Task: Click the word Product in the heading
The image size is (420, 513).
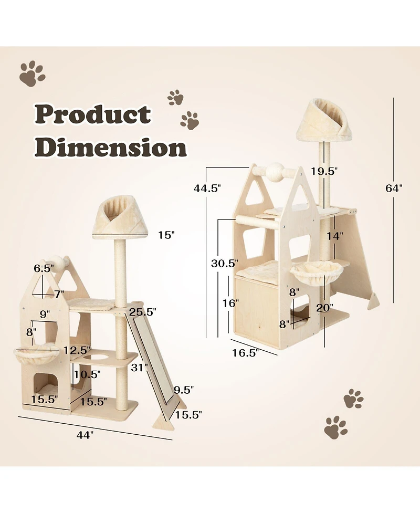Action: point(93,114)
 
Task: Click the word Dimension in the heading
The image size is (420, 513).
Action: point(113,148)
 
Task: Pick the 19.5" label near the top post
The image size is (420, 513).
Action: point(323,171)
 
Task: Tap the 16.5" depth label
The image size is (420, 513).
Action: point(246,353)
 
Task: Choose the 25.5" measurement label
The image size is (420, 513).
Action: point(143,311)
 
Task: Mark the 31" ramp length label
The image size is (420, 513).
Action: point(138,368)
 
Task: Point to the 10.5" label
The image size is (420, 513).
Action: point(87,374)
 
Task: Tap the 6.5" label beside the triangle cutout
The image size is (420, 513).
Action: point(44,268)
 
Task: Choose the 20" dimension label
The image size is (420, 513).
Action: point(325,308)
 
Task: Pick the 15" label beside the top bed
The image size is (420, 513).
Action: point(165,235)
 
